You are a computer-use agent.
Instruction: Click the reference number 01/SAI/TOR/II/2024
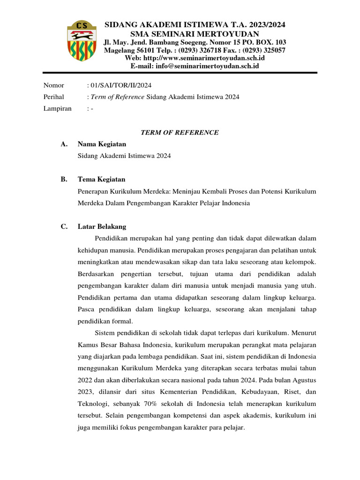(x=120, y=85)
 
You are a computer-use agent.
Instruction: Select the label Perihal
(x=53, y=97)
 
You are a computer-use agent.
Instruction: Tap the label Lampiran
(x=57, y=108)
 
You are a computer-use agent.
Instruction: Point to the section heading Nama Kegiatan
(x=102, y=144)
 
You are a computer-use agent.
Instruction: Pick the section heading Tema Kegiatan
(x=101, y=180)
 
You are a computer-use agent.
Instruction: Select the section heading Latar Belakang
(x=102, y=226)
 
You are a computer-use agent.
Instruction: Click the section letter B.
(x=64, y=180)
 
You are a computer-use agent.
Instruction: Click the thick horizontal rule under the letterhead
(x=180, y=73)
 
